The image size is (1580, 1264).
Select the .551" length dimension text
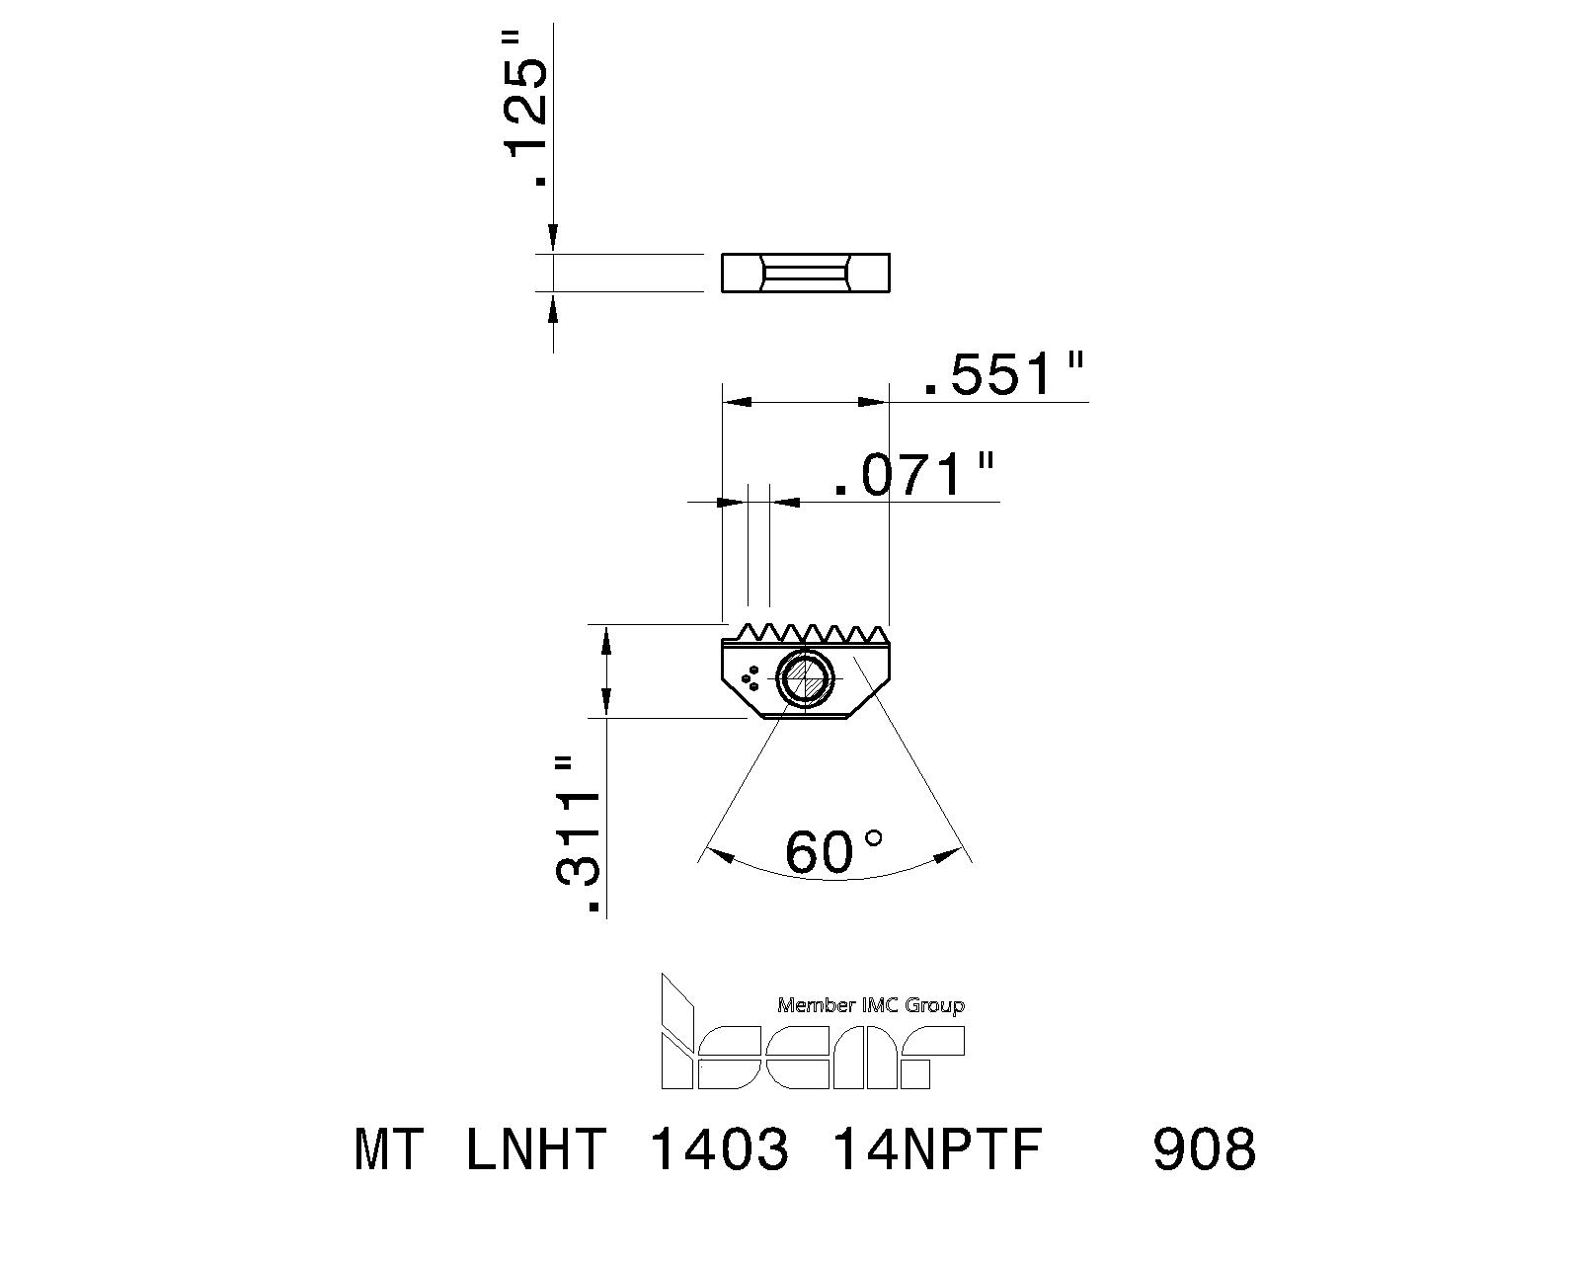(x=1002, y=375)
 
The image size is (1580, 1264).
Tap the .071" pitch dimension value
(x=911, y=475)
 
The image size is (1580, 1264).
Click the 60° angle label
(x=832, y=851)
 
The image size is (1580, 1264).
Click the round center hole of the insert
(x=805, y=679)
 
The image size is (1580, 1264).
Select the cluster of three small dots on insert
(x=750, y=677)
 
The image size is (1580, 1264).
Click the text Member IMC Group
(x=871, y=1005)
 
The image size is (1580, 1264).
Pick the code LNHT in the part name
(x=534, y=1149)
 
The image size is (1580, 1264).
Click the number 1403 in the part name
(x=719, y=1149)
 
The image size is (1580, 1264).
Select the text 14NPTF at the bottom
(x=938, y=1149)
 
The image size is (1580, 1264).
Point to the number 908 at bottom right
(x=1204, y=1149)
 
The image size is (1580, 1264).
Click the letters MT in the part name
(x=389, y=1149)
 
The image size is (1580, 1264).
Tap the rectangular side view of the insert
(x=805, y=274)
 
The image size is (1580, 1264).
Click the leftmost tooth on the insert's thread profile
(x=746, y=630)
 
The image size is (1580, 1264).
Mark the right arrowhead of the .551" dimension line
(x=873, y=402)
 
